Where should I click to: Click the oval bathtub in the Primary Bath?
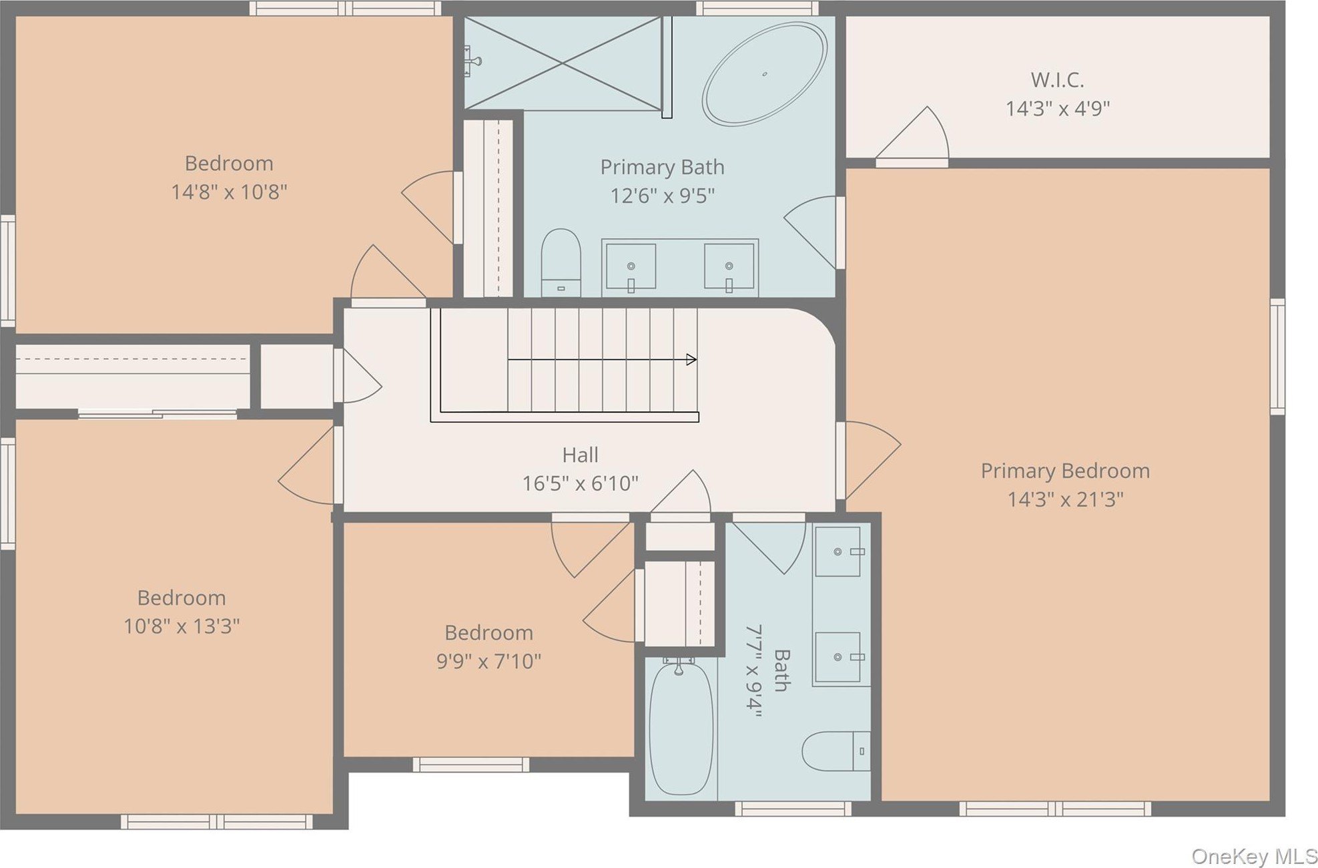pos(764,73)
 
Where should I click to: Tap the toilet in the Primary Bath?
pos(561,262)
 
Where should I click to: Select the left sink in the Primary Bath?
pos(630,267)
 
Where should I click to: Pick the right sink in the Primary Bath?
pos(729,267)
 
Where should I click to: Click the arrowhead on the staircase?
pos(692,359)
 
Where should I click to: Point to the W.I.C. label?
pos(1057,80)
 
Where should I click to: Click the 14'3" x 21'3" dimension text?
pos(1065,499)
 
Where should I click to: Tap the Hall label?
pos(580,455)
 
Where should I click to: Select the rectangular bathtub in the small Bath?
pos(681,726)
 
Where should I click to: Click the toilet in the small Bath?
pos(836,751)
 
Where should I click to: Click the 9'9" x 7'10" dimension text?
pos(488,661)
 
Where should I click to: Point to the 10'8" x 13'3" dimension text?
pos(182,626)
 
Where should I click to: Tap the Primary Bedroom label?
pos(1065,471)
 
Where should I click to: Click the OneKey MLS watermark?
pos(1254,856)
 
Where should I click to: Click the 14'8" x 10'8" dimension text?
pos(229,192)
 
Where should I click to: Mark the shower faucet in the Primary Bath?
pos(472,61)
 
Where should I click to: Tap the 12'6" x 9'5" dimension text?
pos(662,196)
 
